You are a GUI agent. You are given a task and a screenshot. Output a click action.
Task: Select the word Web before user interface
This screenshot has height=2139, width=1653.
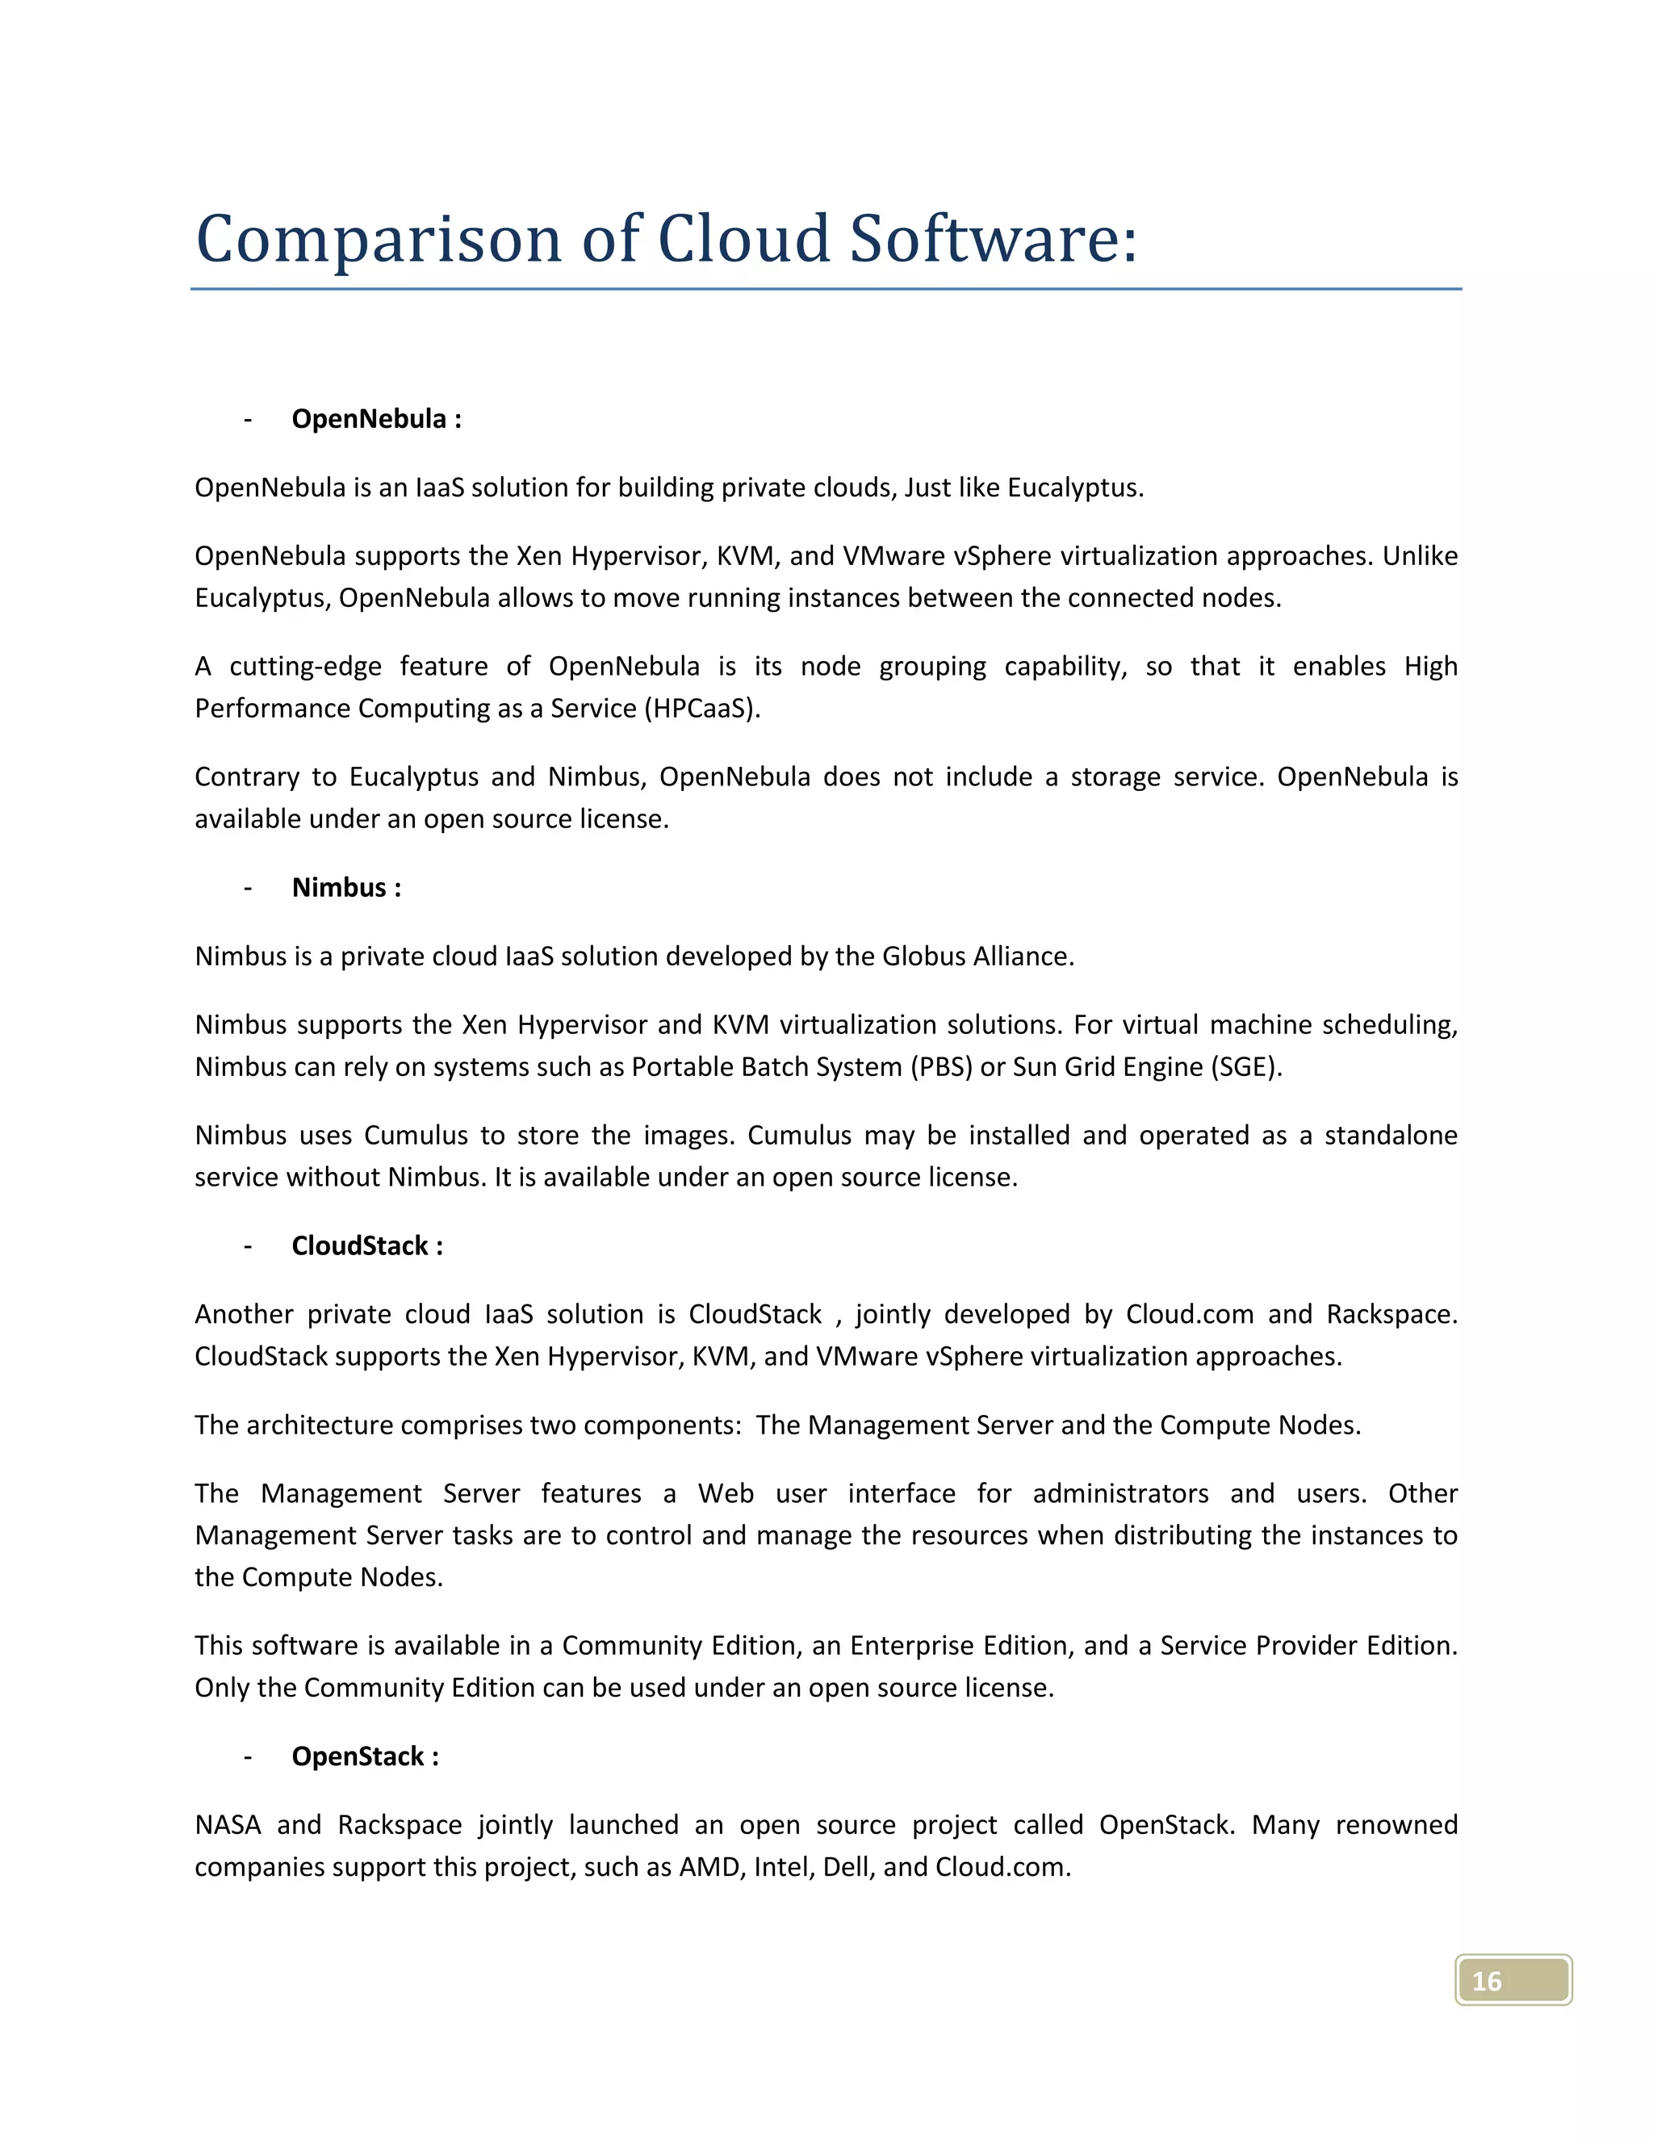[x=726, y=1493]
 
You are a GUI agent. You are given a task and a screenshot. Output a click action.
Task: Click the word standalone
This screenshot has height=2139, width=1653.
[x=1391, y=1135]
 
